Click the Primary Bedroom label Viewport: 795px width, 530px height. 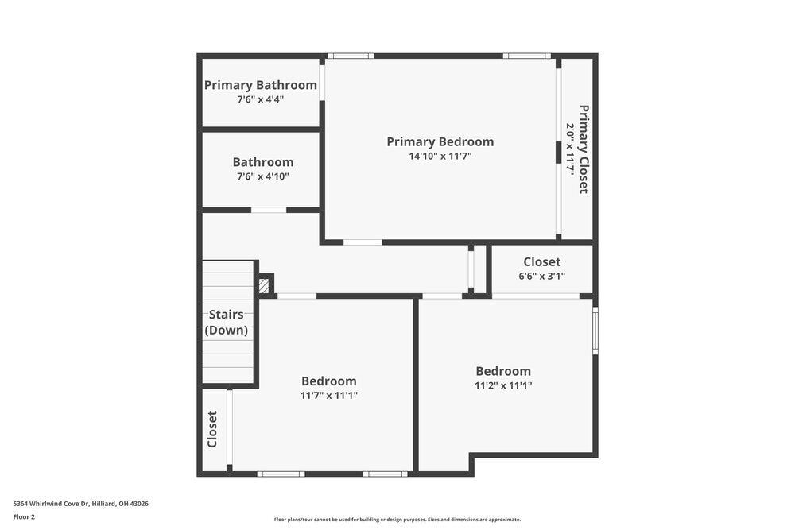pos(440,141)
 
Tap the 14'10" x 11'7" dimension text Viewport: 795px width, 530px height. pos(440,157)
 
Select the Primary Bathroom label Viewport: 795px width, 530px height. pos(261,85)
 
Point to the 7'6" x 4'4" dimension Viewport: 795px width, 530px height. pos(261,99)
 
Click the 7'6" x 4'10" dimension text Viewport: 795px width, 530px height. pos(262,176)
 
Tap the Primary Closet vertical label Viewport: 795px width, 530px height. pos(584,149)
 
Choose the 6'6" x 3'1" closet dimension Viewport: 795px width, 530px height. pos(541,277)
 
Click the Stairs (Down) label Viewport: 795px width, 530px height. pos(227,323)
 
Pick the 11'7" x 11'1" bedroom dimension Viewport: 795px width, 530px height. pos(328,395)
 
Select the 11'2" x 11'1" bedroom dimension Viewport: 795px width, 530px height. pos(503,385)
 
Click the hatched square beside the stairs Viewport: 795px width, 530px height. pos(265,285)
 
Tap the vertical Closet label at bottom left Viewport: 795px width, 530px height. pos(212,429)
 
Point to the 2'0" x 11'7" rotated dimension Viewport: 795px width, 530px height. pos(570,149)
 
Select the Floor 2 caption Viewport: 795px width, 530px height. pos(24,516)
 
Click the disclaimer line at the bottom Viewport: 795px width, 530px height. pos(397,520)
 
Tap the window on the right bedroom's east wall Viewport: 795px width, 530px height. pos(595,330)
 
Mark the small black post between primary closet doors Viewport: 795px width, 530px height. pos(558,152)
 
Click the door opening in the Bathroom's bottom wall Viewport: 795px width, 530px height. pos(269,210)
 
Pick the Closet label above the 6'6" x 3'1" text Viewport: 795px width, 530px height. pos(541,262)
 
